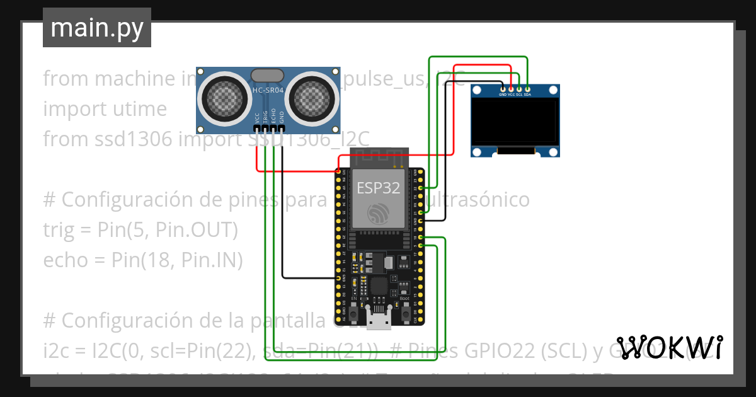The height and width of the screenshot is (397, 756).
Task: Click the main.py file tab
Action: pyautogui.click(x=96, y=28)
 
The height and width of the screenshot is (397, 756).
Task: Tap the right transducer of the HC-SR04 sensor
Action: pyautogui.click(x=313, y=97)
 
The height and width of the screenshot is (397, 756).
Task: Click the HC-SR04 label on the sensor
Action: pyautogui.click(x=268, y=90)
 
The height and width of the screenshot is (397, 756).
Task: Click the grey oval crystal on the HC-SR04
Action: pyautogui.click(x=268, y=76)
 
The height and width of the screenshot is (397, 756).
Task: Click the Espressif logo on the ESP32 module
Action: pyautogui.click(x=377, y=214)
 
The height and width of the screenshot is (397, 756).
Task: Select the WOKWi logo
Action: pyautogui.click(x=669, y=347)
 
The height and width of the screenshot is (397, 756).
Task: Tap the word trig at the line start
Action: pyautogui.click(x=56, y=230)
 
